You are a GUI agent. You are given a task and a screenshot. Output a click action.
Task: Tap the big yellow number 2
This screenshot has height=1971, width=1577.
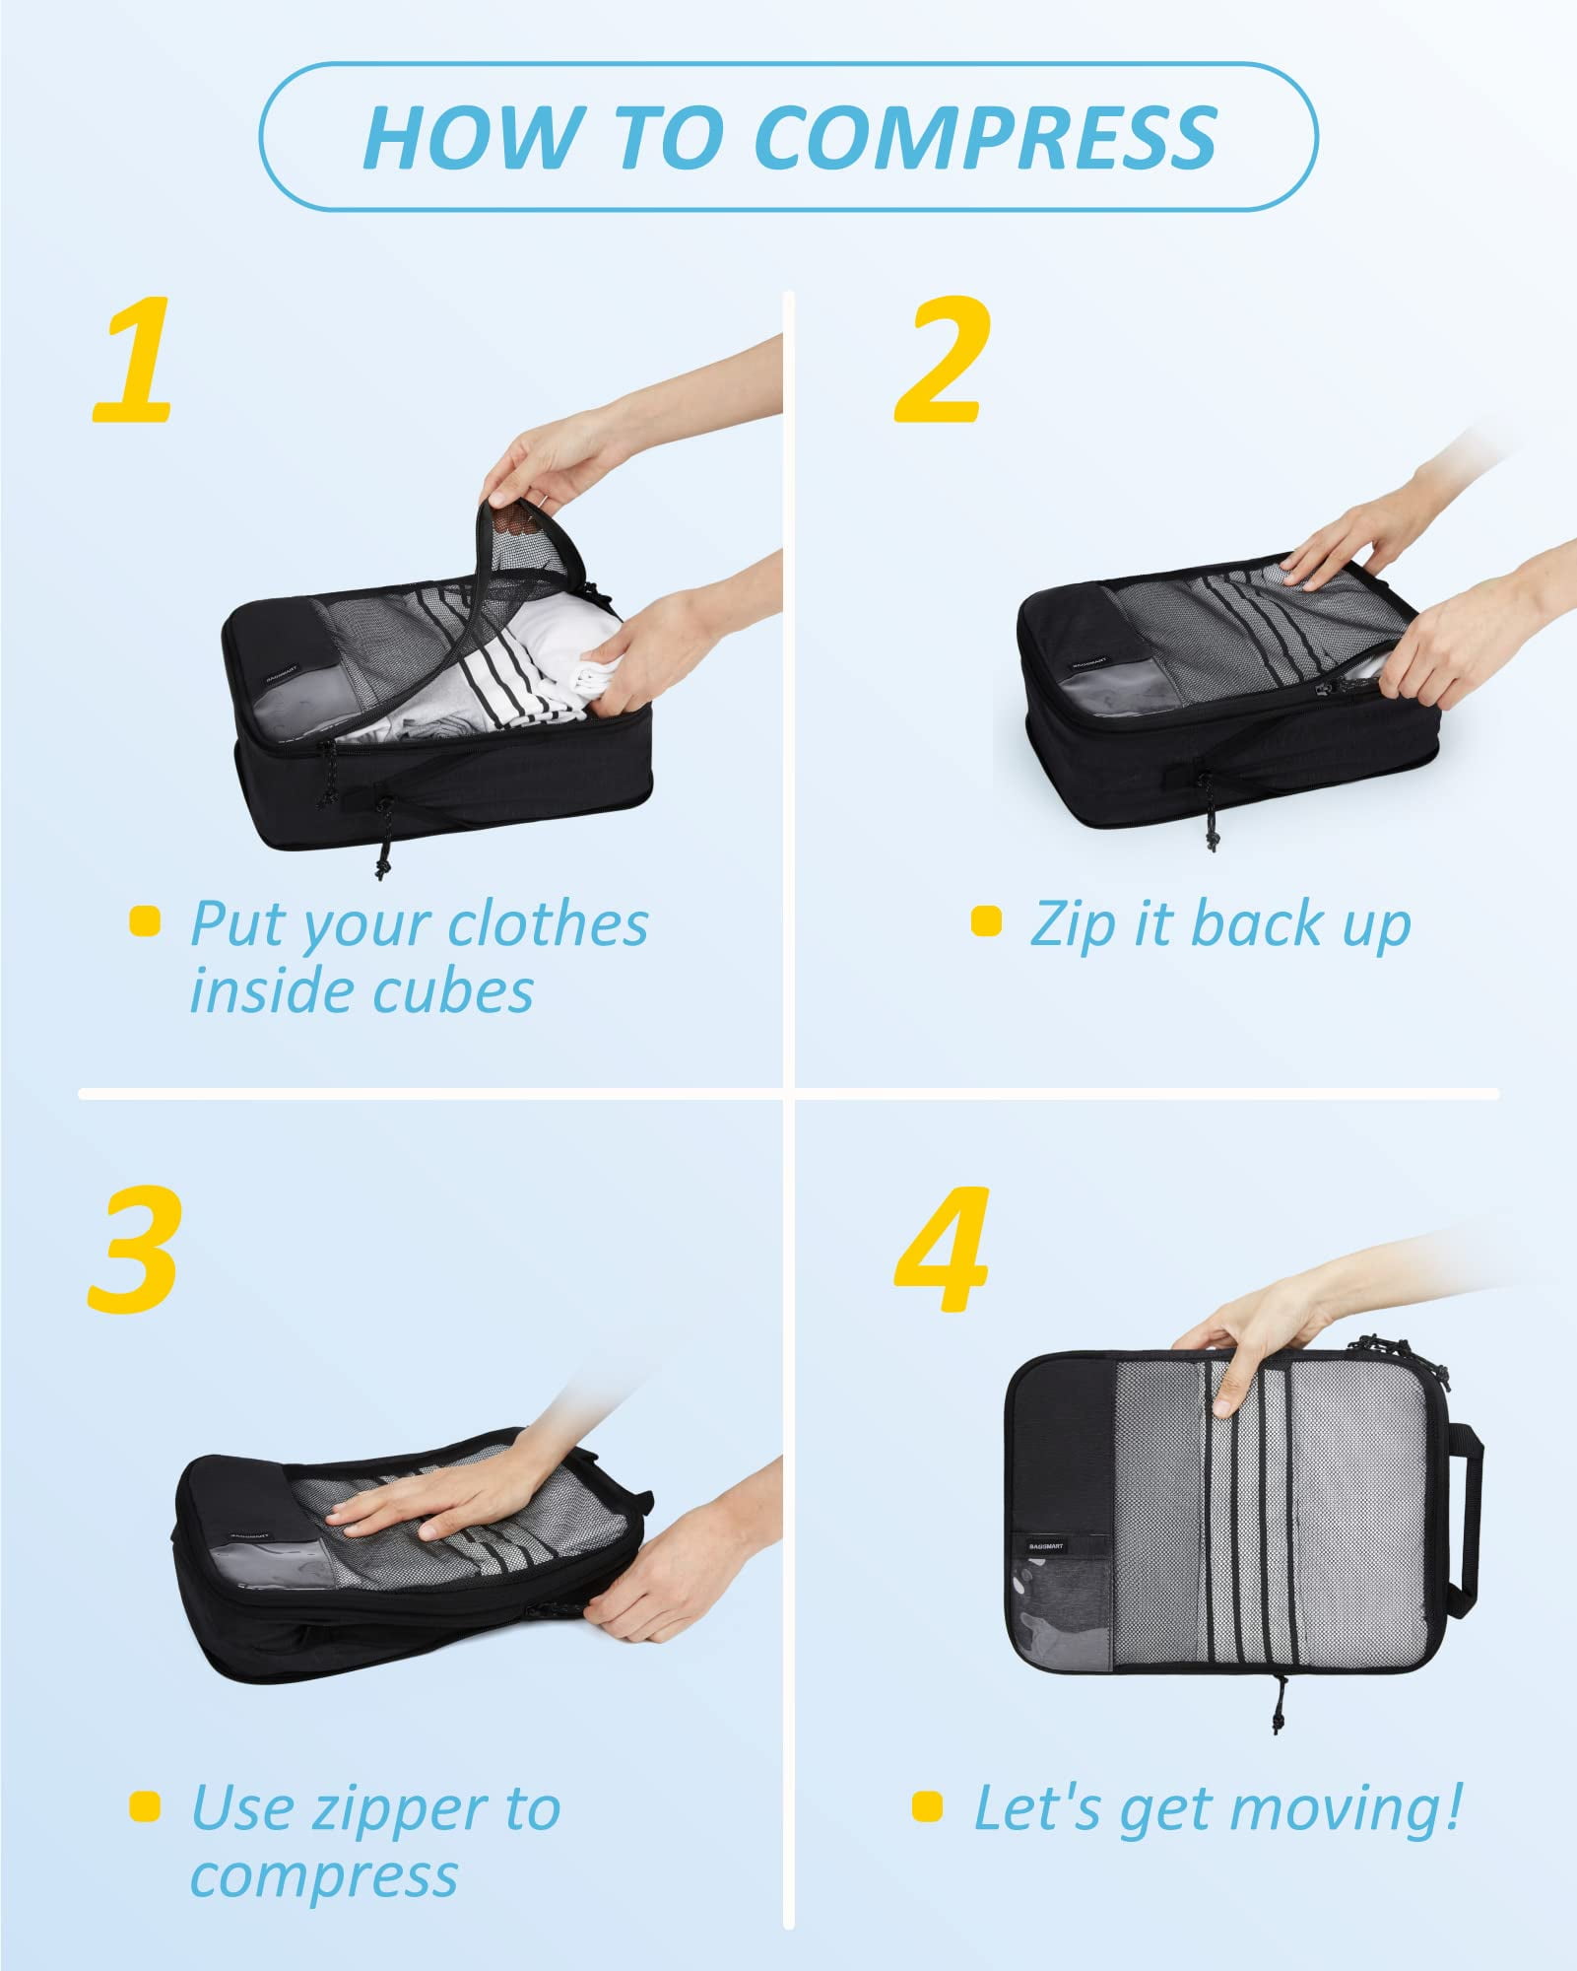(x=941, y=361)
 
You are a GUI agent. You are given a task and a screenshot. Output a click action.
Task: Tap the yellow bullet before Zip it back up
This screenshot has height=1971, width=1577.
(x=986, y=921)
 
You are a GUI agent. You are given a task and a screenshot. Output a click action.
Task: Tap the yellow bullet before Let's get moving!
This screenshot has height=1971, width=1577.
(x=928, y=1806)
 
